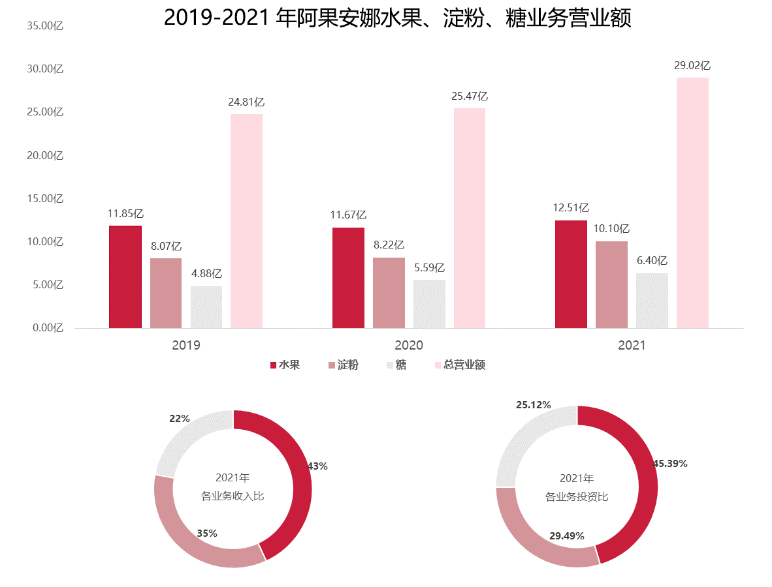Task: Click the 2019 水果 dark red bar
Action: point(125,277)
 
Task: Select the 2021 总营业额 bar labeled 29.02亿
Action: point(692,203)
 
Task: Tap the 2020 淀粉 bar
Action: point(389,293)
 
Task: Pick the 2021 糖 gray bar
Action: point(652,301)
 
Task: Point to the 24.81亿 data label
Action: point(246,102)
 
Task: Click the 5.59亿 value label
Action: point(429,267)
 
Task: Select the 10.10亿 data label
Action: point(611,229)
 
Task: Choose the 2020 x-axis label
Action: point(409,345)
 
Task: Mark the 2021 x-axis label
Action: point(632,345)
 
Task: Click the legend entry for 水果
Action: point(285,365)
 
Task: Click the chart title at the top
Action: point(397,18)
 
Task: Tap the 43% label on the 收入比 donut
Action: point(317,466)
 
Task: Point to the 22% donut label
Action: point(179,419)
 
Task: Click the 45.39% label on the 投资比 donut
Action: point(670,464)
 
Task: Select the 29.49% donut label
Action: point(566,536)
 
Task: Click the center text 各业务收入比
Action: point(233,496)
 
